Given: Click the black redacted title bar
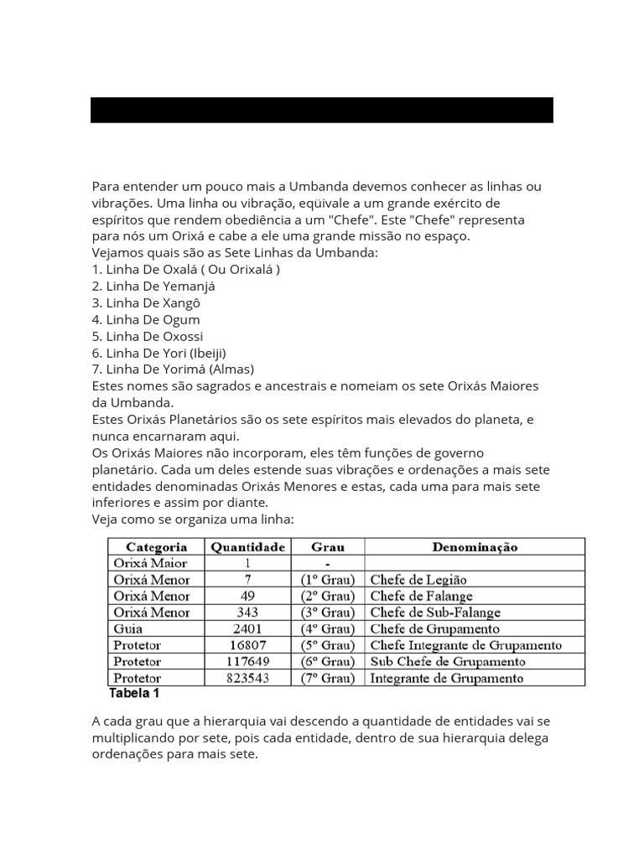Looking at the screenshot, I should point(321,110).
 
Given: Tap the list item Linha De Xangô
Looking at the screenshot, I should point(147,302).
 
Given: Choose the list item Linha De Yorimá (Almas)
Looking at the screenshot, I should point(173,369).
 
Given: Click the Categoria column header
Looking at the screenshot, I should point(156,547).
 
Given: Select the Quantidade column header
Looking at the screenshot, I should point(248,547).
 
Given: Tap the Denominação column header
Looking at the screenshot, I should point(475,547).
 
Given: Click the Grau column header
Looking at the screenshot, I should point(328,547).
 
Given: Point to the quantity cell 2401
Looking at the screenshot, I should point(248,628).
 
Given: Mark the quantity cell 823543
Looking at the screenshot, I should point(248,678).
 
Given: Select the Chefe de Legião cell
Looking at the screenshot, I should point(418,580).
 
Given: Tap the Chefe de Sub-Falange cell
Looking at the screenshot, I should point(435,612).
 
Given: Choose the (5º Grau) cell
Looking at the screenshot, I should point(328,645).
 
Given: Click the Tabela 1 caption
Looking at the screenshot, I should point(134,694).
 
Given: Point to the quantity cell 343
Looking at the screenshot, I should point(248,612).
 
